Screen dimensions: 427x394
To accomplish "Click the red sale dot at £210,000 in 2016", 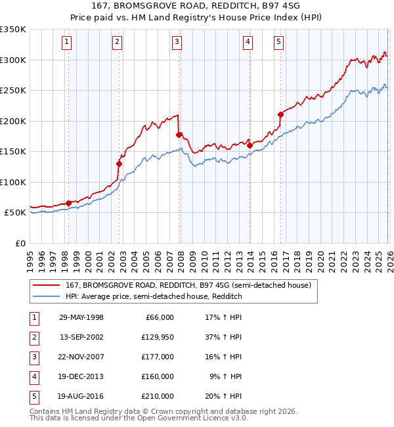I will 280,114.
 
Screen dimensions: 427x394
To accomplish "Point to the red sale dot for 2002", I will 119,164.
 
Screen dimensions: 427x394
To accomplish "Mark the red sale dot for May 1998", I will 68,203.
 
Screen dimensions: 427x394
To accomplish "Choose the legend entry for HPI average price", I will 154,296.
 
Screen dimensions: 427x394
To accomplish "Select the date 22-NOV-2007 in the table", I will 81,357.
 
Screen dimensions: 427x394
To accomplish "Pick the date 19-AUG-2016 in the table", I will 81,396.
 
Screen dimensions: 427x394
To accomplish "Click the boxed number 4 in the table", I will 33,376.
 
